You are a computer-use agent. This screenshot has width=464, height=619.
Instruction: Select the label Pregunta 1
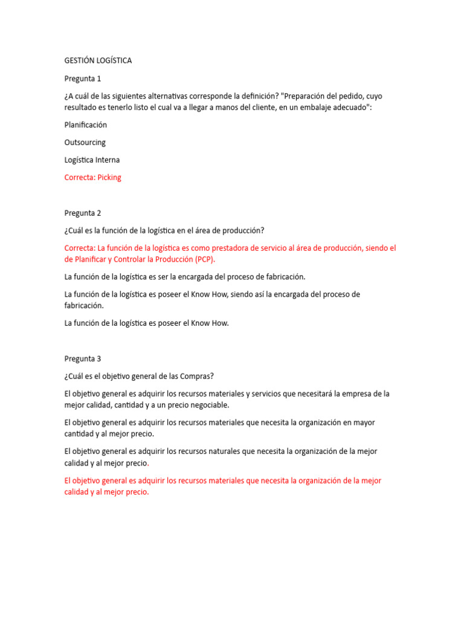coord(83,79)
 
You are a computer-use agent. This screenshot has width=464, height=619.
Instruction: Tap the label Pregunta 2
coord(83,213)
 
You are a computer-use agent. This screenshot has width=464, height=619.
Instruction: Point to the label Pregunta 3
coord(83,358)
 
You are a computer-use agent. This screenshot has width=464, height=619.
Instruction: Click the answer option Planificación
coord(85,125)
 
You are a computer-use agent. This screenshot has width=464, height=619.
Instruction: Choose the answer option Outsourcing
coord(85,142)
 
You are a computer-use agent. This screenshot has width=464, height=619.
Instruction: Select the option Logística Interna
coord(92,160)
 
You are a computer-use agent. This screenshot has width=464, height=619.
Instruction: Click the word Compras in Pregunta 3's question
coord(195,376)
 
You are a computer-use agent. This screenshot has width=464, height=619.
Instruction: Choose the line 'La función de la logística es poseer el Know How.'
coord(147,323)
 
